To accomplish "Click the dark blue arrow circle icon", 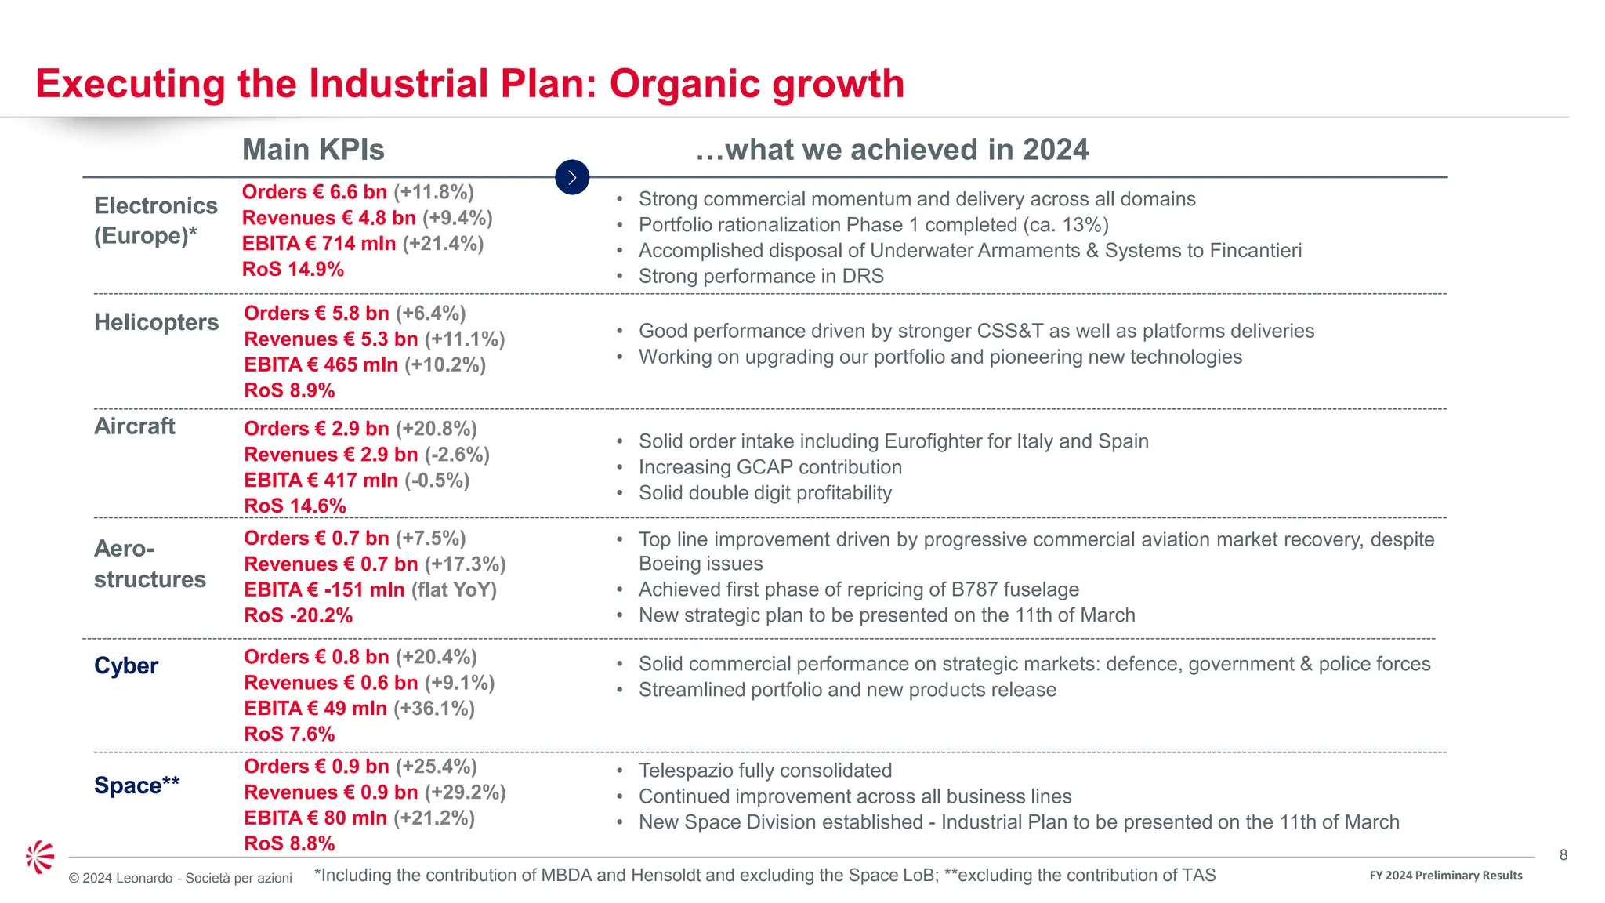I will pyautogui.click(x=572, y=177).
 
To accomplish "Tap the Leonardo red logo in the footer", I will pyautogui.click(x=40, y=857).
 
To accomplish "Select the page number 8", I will pyautogui.click(x=1563, y=855).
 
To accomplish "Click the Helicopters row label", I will pyautogui.click(x=156, y=322).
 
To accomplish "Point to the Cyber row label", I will pyautogui.click(x=126, y=665).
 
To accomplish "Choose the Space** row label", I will pyautogui.click(x=136, y=785).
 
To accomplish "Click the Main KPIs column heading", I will pyautogui.click(x=313, y=149).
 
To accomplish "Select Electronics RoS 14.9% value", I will pyautogui.click(x=293, y=269).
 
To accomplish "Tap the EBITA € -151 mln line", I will pyautogui.click(x=370, y=589).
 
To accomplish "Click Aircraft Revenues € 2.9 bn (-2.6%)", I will pyautogui.click(x=366, y=455).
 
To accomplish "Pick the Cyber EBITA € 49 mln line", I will pyautogui.click(x=359, y=709).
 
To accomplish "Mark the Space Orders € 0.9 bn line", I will pyautogui.click(x=360, y=767).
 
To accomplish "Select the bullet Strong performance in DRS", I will pyautogui.click(x=760, y=277).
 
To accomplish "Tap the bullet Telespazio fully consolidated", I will pyautogui.click(x=765, y=771).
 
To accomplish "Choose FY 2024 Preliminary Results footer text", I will pyautogui.click(x=1445, y=876).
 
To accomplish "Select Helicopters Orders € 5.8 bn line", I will pyautogui.click(x=354, y=314).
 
